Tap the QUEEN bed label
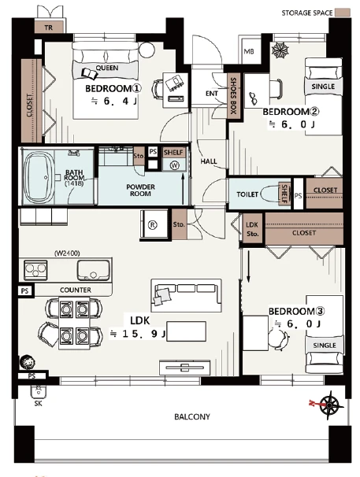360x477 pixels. (x=107, y=68)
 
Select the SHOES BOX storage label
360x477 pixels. (x=233, y=95)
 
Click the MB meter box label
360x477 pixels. (x=249, y=51)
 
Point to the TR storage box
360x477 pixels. (x=49, y=27)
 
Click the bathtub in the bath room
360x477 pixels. (x=39, y=177)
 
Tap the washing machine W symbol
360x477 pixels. (x=175, y=165)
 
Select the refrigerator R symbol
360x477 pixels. (x=152, y=225)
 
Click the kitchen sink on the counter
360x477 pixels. (x=93, y=270)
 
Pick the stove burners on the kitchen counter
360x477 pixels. (x=35, y=269)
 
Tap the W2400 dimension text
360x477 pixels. (x=67, y=253)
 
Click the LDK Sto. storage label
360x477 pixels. (x=252, y=229)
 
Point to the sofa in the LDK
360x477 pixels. (x=187, y=295)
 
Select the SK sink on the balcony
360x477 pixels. (x=39, y=392)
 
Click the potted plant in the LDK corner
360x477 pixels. (x=27, y=363)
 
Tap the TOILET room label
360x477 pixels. (x=247, y=194)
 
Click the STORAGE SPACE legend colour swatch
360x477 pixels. (x=343, y=13)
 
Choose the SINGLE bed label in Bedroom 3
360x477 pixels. (x=325, y=346)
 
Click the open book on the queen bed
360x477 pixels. (x=90, y=73)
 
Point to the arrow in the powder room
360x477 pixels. (x=183, y=189)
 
